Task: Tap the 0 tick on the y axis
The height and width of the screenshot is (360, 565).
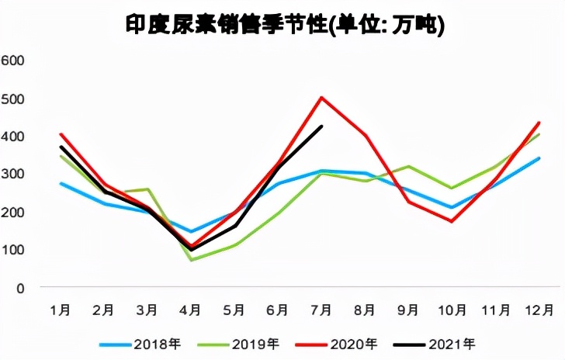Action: tap(22, 288)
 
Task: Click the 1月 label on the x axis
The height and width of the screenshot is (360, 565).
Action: tap(61, 310)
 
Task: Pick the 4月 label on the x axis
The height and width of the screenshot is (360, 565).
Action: tap(191, 310)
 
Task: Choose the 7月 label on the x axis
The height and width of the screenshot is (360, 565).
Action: tap(321, 310)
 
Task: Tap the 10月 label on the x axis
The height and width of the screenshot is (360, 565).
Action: tap(452, 310)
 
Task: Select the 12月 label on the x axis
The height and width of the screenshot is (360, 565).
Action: tap(539, 310)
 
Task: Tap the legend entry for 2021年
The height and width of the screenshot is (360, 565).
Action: tap(445, 343)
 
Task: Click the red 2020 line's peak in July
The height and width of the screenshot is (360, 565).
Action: tap(321, 98)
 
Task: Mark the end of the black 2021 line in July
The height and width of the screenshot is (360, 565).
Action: tap(321, 126)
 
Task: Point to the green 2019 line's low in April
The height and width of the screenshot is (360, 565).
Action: tap(191, 260)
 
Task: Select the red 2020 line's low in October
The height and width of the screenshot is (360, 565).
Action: tap(452, 222)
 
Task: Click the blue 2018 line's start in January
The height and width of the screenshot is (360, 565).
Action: tap(61, 184)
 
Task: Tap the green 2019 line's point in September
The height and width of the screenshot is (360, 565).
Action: tap(408, 167)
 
